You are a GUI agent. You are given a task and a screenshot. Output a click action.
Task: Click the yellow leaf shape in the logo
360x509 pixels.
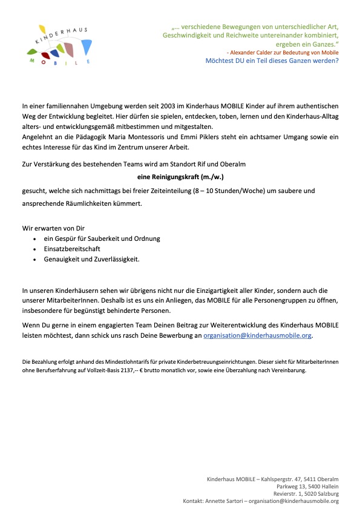pos(41,28)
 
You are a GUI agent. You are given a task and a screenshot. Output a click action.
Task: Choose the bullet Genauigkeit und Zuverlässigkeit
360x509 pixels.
pos(91,259)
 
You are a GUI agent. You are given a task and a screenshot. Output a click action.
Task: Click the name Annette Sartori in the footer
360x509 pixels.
pos(224,501)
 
